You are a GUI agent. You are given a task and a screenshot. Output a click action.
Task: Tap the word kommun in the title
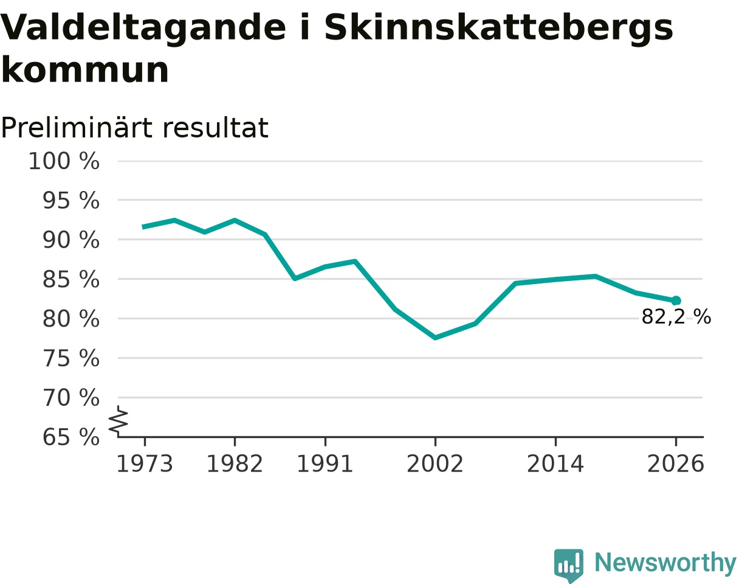point(85,70)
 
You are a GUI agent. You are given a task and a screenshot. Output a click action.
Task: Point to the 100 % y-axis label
point(64,161)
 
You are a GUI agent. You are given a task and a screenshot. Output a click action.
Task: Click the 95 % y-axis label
point(70,200)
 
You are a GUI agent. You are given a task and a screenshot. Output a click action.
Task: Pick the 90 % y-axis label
point(70,240)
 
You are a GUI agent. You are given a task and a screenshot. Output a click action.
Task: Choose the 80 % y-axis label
point(70,319)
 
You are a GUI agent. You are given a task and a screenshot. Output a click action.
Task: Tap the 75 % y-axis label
point(70,358)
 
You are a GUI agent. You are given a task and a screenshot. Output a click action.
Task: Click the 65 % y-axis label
point(70,437)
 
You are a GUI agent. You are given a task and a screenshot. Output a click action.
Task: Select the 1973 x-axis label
point(145,464)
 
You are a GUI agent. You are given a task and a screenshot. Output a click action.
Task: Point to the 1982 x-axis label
point(235,464)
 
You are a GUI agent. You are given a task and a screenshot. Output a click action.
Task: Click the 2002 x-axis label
point(435,464)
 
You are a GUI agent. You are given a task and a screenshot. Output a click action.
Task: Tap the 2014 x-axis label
point(555,464)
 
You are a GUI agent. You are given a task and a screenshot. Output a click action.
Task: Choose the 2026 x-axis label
point(676,464)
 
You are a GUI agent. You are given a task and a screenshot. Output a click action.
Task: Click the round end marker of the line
point(676,301)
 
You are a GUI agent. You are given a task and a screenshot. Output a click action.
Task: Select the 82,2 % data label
point(676,316)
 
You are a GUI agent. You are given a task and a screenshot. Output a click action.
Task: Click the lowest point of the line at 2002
point(435,338)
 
